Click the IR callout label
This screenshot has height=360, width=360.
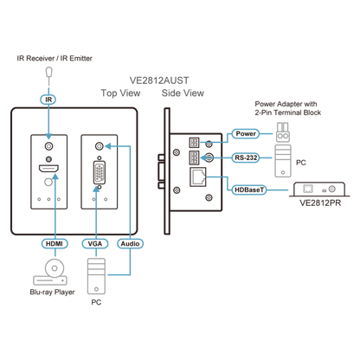[48, 100]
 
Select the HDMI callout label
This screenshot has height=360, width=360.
[55, 244]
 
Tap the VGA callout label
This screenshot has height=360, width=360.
[95, 244]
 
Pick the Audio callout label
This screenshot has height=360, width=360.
[130, 244]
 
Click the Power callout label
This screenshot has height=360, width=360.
[246, 133]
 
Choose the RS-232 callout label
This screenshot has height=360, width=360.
[246, 157]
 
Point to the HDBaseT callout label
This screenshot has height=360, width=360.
[249, 190]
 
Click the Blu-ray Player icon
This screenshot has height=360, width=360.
[50, 272]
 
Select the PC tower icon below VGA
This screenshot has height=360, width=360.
[96, 276]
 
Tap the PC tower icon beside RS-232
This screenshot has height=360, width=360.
[283, 161]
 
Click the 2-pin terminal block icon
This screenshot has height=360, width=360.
[283, 132]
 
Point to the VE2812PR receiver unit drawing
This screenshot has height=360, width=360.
[319, 190]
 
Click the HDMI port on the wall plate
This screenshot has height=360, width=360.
[48, 169]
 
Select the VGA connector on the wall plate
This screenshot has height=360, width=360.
[100, 172]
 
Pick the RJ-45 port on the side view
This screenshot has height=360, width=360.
[198, 177]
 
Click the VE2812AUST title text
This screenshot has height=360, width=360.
[159, 80]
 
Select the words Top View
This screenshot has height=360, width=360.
[120, 93]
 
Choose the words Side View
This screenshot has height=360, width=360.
[183, 93]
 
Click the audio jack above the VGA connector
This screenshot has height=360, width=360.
[100, 146]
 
